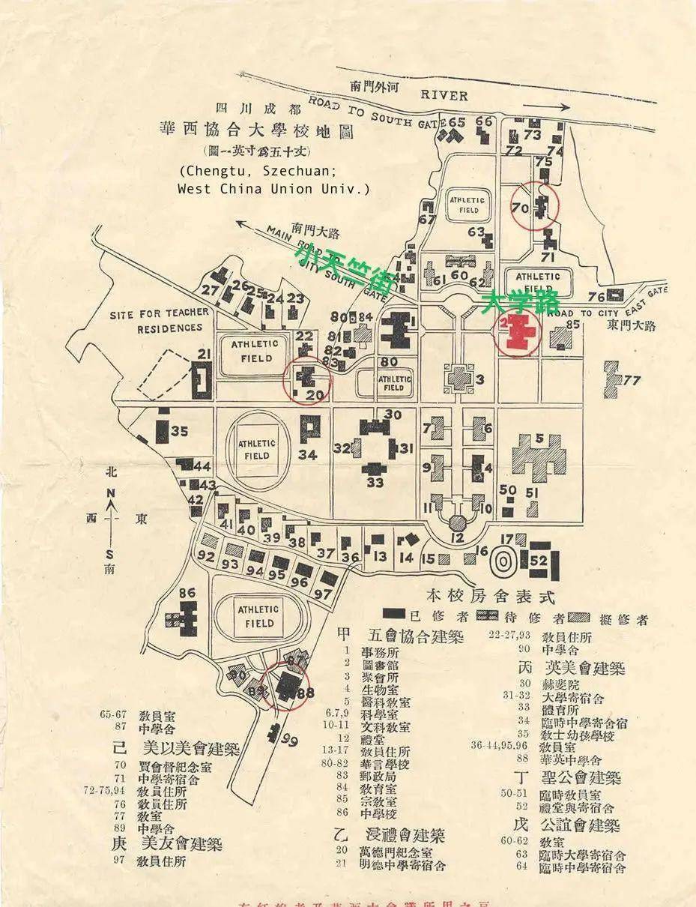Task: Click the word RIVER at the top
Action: (x=444, y=95)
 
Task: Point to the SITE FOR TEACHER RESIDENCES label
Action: (x=156, y=322)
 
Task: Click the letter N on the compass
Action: (x=110, y=492)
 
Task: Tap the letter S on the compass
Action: (x=110, y=555)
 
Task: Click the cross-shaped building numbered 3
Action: (x=459, y=378)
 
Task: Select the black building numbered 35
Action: (x=163, y=431)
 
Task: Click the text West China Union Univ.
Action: (x=273, y=189)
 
